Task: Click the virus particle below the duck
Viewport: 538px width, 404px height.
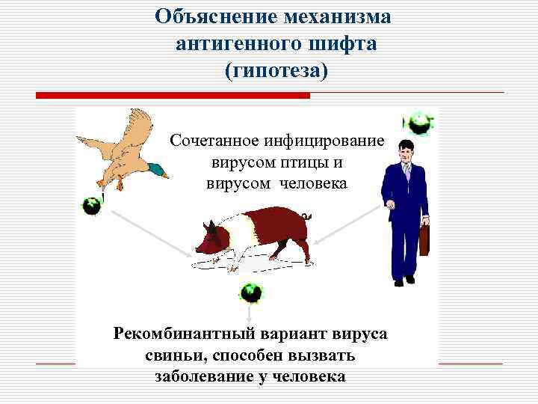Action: click(x=91, y=205)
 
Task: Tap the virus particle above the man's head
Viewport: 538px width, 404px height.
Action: click(x=418, y=123)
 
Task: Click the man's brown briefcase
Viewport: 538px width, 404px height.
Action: click(x=424, y=239)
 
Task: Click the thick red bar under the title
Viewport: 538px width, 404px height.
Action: click(x=173, y=96)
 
